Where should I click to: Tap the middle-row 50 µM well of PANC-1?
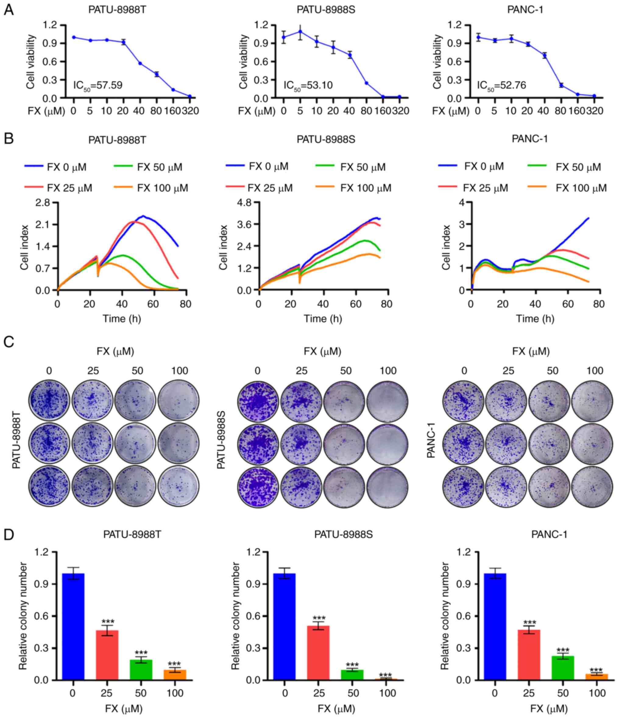coord(549,444)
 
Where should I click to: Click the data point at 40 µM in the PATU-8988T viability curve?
coord(140,63)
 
